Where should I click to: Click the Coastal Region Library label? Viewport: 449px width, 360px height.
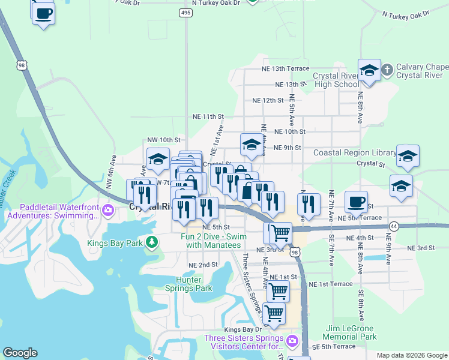[355, 153]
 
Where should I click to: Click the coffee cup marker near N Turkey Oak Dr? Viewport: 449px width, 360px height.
[43, 13]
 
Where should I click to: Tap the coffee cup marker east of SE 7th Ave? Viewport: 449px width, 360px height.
[357, 201]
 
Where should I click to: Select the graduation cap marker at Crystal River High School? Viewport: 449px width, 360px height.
[369, 70]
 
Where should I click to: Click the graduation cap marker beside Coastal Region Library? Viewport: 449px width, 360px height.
[408, 157]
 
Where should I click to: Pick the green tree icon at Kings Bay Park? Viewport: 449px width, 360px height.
[152, 242]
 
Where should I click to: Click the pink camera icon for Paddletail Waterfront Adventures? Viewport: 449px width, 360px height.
[108, 209]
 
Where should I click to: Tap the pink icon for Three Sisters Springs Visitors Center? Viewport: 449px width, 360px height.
[292, 341]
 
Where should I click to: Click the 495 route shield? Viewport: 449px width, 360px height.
[185, 13]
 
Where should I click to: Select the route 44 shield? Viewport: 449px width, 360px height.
[394, 226]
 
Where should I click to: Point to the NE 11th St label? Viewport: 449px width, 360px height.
[208, 116]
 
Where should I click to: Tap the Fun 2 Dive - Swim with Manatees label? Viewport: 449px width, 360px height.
[214, 241]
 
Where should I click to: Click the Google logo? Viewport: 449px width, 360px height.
[20, 353]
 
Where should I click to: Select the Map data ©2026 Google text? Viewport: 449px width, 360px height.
[412, 355]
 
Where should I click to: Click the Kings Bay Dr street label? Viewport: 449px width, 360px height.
[243, 329]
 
